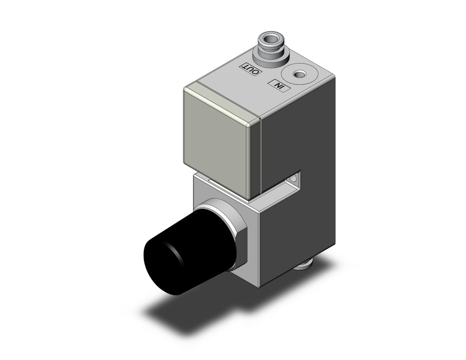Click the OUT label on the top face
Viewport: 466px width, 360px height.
(252, 68)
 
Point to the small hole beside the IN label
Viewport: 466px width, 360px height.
(299, 75)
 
